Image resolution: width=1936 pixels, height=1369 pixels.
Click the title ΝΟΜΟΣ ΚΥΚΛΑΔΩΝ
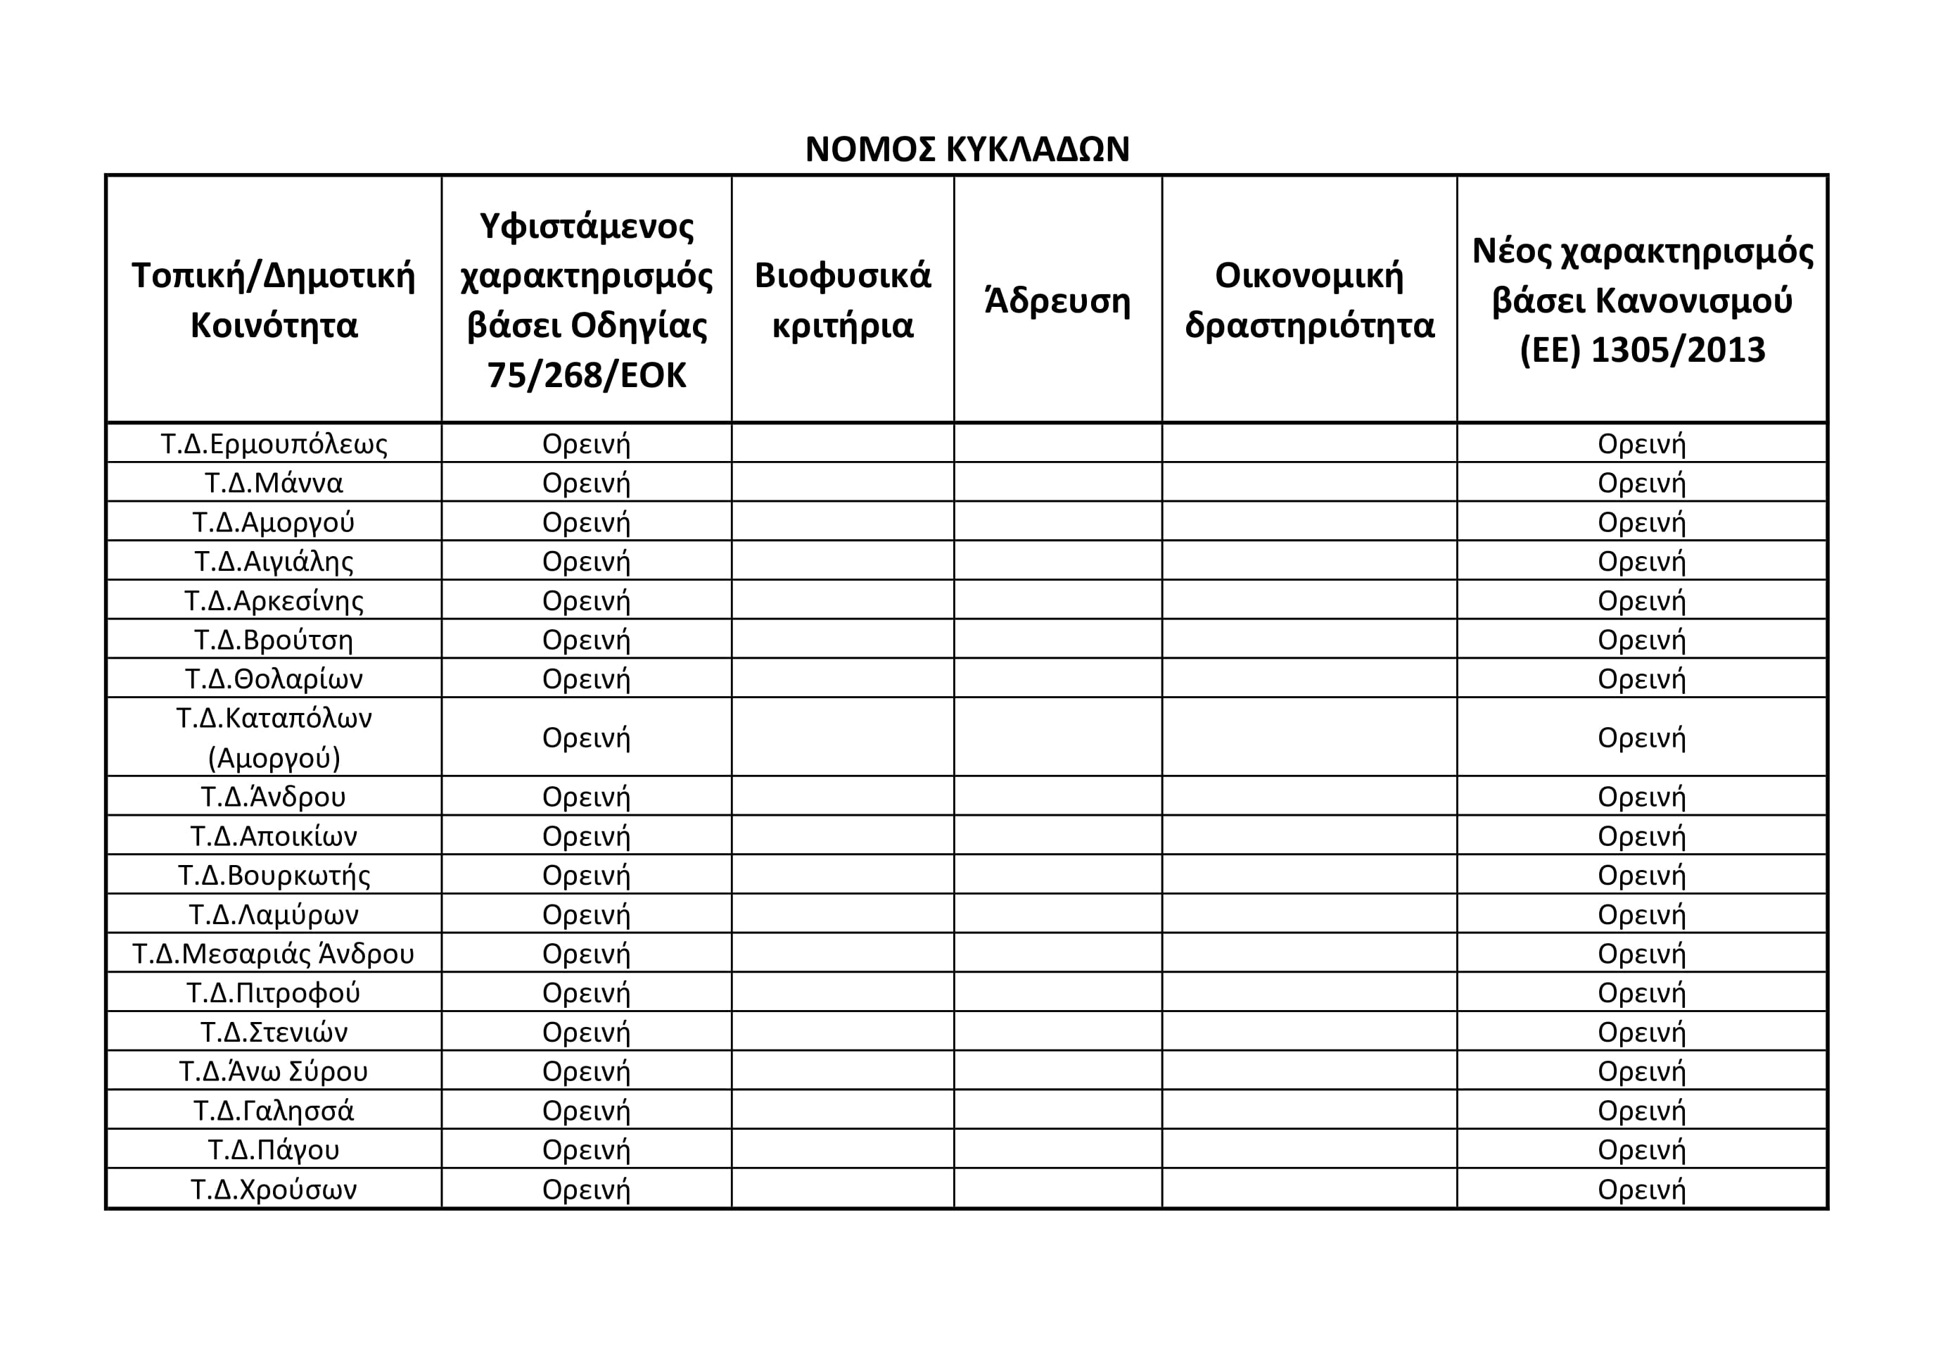[x=967, y=149]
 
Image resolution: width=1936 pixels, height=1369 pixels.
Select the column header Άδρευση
[x=1057, y=301]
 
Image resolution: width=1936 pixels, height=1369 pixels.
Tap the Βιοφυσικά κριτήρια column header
[x=842, y=301]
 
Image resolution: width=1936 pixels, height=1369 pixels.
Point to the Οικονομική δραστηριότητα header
[x=1308, y=301]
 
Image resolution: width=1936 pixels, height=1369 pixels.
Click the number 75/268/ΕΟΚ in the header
[x=586, y=375]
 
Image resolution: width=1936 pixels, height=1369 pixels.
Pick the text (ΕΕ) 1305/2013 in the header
[x=1642, y=350]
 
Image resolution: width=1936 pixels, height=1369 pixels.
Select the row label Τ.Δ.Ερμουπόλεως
[x=274, y=443]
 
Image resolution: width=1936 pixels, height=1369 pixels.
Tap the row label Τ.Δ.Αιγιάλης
[x=274, y=561]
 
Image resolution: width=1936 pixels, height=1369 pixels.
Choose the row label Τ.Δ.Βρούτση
[x=274, y=639]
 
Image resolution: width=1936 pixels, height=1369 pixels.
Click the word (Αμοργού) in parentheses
[x=274, y=758]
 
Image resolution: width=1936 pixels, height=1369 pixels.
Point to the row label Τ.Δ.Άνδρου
[x=274, y=796]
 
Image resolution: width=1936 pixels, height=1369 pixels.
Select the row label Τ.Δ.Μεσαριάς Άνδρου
[x=274, y=953]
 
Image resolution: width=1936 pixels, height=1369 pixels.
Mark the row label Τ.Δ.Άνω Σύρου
[x=274, y=1071]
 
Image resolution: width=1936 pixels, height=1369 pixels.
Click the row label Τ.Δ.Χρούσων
[x=274, y=1190]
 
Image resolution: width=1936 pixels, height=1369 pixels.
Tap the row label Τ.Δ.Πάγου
[x=274, y=1149]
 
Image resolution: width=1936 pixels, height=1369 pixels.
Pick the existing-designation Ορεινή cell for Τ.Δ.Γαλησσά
[x=586, y=1111]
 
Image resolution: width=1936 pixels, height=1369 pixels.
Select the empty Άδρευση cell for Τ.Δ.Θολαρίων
[x=1057, y=679]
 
